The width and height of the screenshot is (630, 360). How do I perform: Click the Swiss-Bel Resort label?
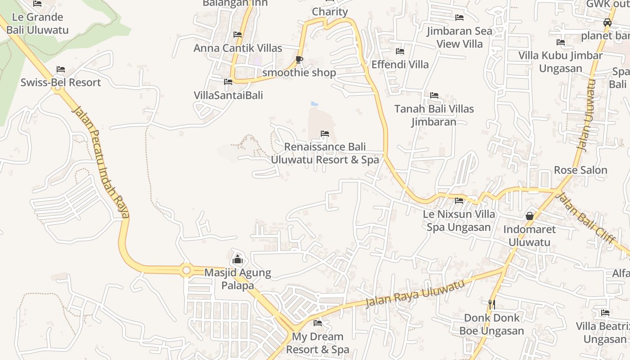tap(61, 83)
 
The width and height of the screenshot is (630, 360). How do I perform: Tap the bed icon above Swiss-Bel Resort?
tap(61, 69)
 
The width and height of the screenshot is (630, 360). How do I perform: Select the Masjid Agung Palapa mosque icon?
tap(238, 259)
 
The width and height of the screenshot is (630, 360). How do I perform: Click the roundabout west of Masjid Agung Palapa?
tap(186, 270)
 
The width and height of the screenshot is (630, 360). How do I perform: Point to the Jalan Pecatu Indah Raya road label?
tap(101, 162)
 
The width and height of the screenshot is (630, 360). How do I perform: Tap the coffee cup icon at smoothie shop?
tap(299, 59)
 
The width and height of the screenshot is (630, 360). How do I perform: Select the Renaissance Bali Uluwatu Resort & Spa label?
tap(324, 153)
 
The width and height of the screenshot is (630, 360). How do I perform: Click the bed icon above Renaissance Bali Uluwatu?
tap(324, 134)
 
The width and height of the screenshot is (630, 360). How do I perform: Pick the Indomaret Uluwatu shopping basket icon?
tap(530, 216)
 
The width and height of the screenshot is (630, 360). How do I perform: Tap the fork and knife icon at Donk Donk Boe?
tap(492, 304)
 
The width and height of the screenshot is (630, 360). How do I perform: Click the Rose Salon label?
tap(580, 170)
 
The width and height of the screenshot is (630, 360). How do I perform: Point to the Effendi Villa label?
tap(400, 65)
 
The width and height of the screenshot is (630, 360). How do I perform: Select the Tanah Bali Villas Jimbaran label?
tap(434, 115)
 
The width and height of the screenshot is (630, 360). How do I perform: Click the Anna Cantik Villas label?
tap(238, 48)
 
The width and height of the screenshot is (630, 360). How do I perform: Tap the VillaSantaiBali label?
tap(228, 95)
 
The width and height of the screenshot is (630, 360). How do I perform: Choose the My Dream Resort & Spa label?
tap(318, 343)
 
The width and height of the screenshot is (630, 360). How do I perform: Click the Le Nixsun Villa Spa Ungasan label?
tap(459, 220)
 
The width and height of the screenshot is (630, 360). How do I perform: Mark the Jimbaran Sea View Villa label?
tap(459, 37)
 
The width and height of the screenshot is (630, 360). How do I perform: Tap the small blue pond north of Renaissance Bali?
tap(315, 104)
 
